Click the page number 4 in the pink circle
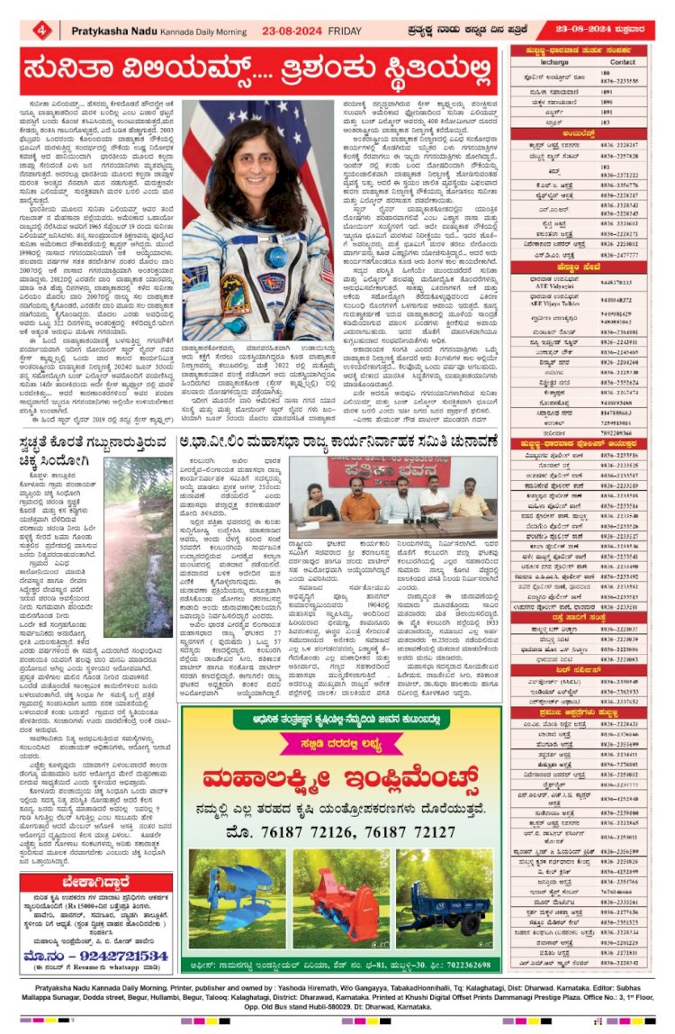click(x=43, y=31)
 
